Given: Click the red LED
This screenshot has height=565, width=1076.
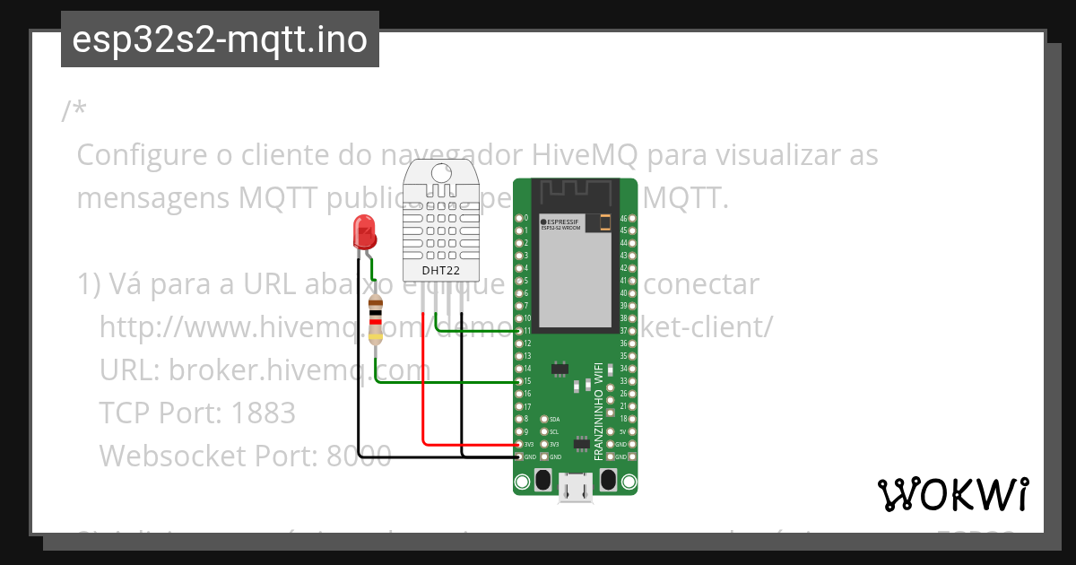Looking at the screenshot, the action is [365, 232].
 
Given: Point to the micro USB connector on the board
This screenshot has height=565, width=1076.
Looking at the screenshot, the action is [576, 486].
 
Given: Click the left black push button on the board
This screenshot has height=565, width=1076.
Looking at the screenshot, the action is [542, 479].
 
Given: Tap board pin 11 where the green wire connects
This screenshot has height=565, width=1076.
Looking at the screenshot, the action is [518, 331].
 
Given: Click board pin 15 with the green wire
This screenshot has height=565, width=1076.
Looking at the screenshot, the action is [518, 381].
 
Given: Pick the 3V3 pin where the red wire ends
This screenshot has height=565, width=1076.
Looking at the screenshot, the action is [518, 444].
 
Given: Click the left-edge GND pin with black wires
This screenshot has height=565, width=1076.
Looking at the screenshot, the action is [518, 456].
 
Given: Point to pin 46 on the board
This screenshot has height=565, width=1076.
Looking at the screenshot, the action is [633, 218].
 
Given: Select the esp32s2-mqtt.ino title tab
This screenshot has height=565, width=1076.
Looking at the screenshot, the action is [220, 39].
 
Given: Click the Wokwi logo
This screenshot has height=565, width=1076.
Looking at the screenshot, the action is [953, 495].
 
